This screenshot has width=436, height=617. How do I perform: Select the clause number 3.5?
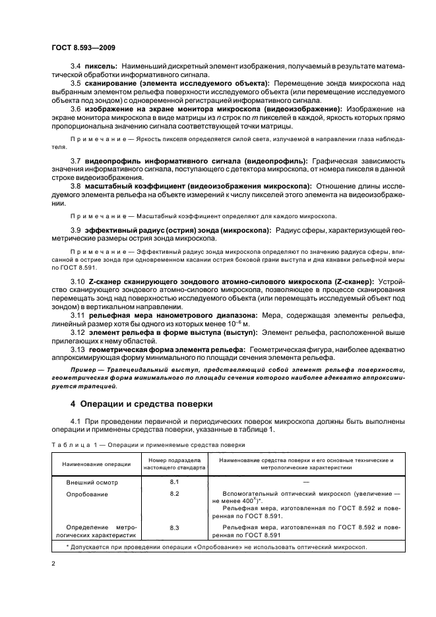point(76,83)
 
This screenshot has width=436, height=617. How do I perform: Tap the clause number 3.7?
point(76,162)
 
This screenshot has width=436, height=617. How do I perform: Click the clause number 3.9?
point(76,229)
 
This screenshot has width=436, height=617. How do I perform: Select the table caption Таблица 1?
point(71,444)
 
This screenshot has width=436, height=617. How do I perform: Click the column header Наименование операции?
point(94,465)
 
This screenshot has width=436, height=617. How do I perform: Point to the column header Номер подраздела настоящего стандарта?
point(174,465)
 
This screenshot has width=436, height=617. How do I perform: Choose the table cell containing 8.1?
point(174,482)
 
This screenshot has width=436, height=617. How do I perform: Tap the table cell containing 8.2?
point(174,493)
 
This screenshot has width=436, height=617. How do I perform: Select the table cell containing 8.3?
point(174,527)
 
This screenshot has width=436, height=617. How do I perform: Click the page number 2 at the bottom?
point(54,563)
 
